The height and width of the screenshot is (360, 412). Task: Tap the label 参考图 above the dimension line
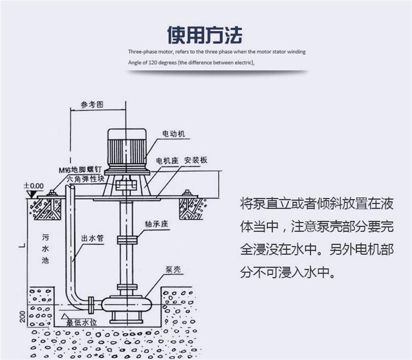(x=92, y=104)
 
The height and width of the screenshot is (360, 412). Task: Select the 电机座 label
(x=167, y=160)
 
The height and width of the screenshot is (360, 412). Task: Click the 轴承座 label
(x=155, y=223)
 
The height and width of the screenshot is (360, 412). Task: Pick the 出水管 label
(x=92, y=238)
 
